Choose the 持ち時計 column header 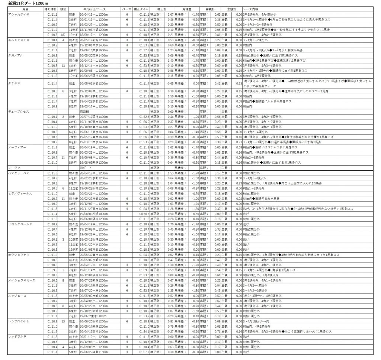click(51, 8)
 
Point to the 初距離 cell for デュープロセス click(84, 111)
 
